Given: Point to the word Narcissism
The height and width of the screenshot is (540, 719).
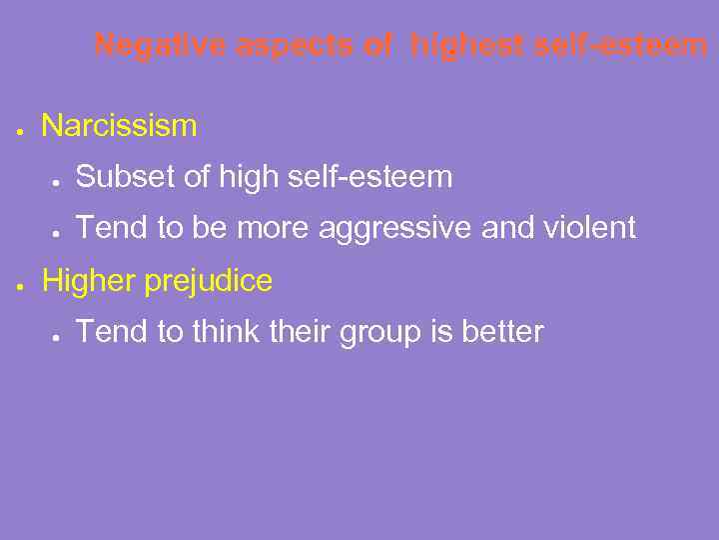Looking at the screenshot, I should pyautogui.click(x=120, y=126).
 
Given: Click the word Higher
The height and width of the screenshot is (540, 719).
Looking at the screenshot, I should pyautogui.click(x=89, y=282).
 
